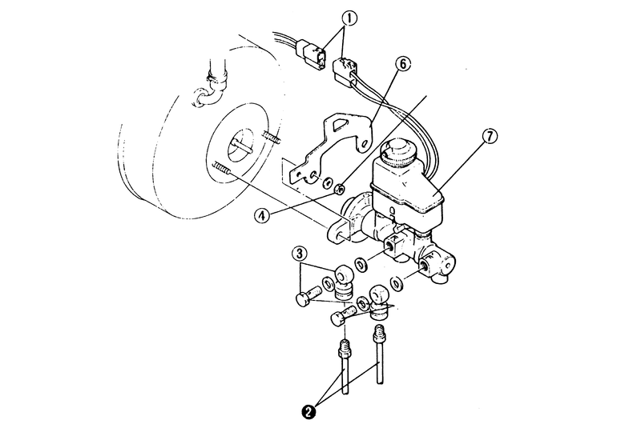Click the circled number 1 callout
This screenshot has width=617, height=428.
coord(350,18)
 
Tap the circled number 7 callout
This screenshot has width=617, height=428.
coord(490,137)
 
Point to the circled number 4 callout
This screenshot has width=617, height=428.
coord(262,216)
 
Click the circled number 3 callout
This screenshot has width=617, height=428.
coord(300,254)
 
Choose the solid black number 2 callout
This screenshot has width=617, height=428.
coord(308,412)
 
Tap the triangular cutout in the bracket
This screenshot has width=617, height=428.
coord(340,125)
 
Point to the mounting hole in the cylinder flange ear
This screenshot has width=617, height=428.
coord(339,236)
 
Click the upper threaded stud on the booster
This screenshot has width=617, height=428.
coord(271,138)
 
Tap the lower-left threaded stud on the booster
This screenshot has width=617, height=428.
coord(222,169)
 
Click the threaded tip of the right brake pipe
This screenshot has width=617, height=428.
coord(378,333)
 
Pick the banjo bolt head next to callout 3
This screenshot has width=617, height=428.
coord(303,299)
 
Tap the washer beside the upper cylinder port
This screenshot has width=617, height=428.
coord(361,265)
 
